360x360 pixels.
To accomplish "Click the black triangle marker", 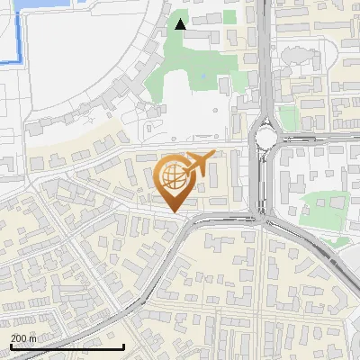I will pos(181,24).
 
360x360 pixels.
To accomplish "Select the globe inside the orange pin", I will pos(174,176).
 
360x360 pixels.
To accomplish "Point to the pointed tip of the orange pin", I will pos(175,211).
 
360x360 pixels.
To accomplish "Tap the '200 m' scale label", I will pos(24,337).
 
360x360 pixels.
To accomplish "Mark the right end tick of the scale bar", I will pos(123,345).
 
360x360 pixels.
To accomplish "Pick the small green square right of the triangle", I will pos(229,16).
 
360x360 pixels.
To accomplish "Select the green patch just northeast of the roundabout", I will pos(288,117).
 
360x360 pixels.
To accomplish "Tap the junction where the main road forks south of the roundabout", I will pos(262,218).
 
